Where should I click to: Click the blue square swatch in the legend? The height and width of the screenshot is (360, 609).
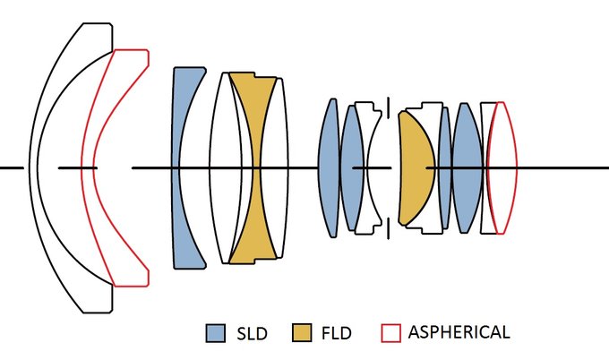(x=215, y=333)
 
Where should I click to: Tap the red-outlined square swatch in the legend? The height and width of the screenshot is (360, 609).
(x=390, y=333)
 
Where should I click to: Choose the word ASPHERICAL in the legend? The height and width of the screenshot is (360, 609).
(x=459, y=333)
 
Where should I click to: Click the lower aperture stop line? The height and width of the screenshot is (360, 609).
(x=389, y=231)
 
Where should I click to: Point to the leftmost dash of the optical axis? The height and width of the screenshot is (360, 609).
(x=11, y=167)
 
